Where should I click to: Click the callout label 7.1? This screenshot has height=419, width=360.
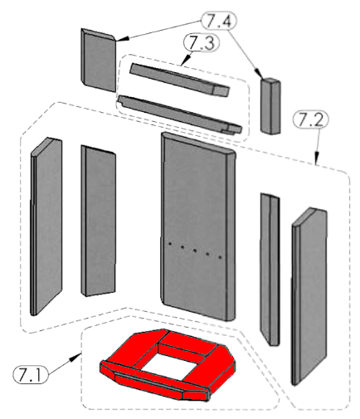[x=31, y=375]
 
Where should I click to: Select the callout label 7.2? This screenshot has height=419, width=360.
[x=311, y=119]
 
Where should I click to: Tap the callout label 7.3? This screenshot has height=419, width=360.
[x=202, y=43]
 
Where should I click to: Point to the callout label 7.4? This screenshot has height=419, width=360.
[x=219, y=20]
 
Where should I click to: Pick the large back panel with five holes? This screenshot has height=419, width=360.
[x=198, y=227]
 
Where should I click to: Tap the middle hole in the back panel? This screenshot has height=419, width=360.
[x=195, y=251]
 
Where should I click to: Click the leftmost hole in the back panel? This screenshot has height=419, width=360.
[x=170, y=244]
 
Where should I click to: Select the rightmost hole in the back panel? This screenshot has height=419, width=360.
[x=220, y=257]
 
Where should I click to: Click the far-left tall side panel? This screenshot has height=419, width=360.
[x=46, y=227]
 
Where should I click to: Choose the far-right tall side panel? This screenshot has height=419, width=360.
[x=309, y=296]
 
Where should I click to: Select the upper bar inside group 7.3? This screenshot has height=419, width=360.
[x=180, y=80]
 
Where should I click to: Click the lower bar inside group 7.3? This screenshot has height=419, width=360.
[x=180, y=114]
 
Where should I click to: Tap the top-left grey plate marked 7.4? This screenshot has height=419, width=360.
[x=99, y=60]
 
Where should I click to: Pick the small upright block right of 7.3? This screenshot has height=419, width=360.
[x=270, y=106]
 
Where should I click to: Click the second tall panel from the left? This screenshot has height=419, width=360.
[x=99, y=221]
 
